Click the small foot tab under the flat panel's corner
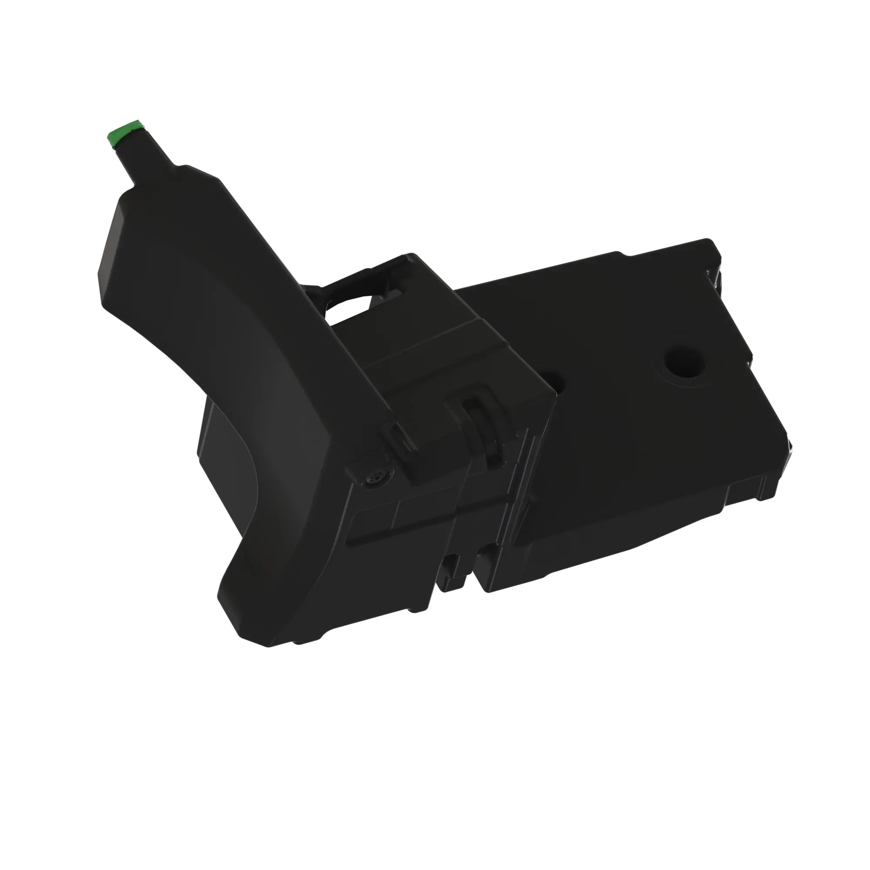761,495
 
